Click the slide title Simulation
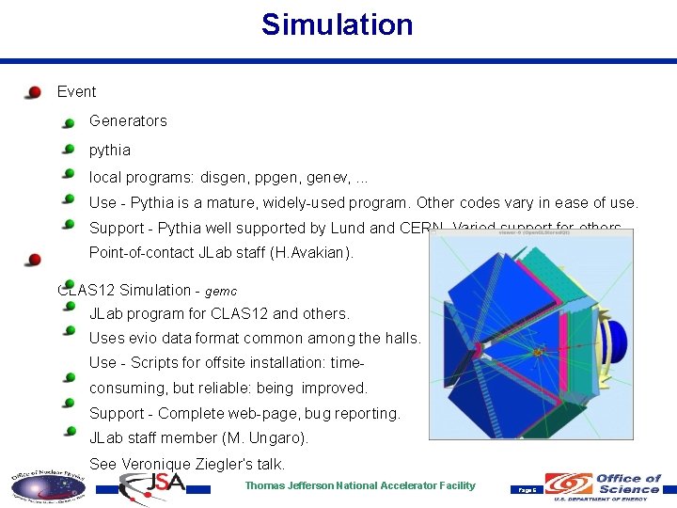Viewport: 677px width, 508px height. pos(337,24)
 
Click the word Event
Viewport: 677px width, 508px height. pos(76,92)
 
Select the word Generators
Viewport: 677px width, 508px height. pos(128,120)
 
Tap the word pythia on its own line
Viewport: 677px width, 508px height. pos(110,150)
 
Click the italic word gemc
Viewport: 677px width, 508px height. pos(221,292)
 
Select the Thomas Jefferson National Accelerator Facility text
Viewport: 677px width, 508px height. pos(360,485)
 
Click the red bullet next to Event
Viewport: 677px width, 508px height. pos(34,92)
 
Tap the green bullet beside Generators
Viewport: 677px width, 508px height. pos(69,122)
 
